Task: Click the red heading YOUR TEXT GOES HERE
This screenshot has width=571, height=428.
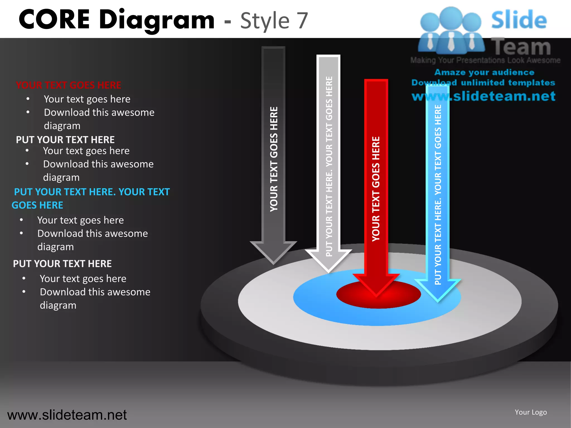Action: click(x=69, y=85)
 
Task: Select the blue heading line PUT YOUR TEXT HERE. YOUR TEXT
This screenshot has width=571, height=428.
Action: click(x=92, y=192)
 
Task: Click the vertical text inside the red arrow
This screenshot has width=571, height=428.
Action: click(x=376, y=189)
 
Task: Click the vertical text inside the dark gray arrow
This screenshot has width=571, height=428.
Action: click(x=274, y=159)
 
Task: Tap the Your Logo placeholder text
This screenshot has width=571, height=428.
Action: click(x=531, y=412)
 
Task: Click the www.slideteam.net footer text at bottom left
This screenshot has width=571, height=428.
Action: click(x=67, y=415)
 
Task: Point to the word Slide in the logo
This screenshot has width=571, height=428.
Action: click(x=519, y=20)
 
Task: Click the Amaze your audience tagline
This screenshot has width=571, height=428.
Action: click(x=484, y=72)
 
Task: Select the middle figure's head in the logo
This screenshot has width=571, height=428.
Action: click(x=451, y=17)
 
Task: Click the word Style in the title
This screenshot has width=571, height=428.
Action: click(x=265, y=21)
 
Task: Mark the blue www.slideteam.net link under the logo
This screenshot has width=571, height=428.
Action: click(x=483, y=96)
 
